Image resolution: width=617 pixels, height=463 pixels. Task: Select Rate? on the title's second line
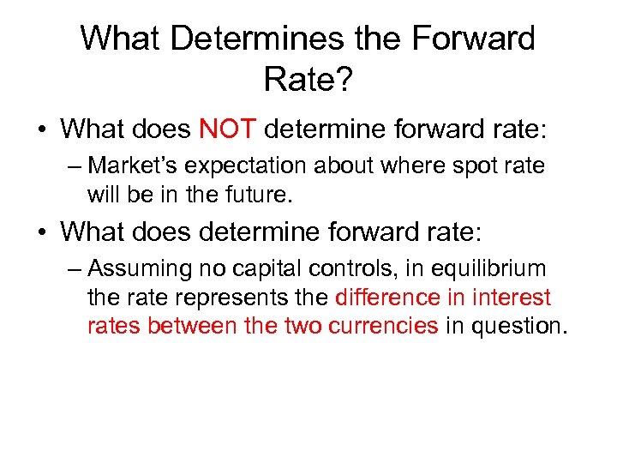307,80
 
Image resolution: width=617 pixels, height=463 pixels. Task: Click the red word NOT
228,129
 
